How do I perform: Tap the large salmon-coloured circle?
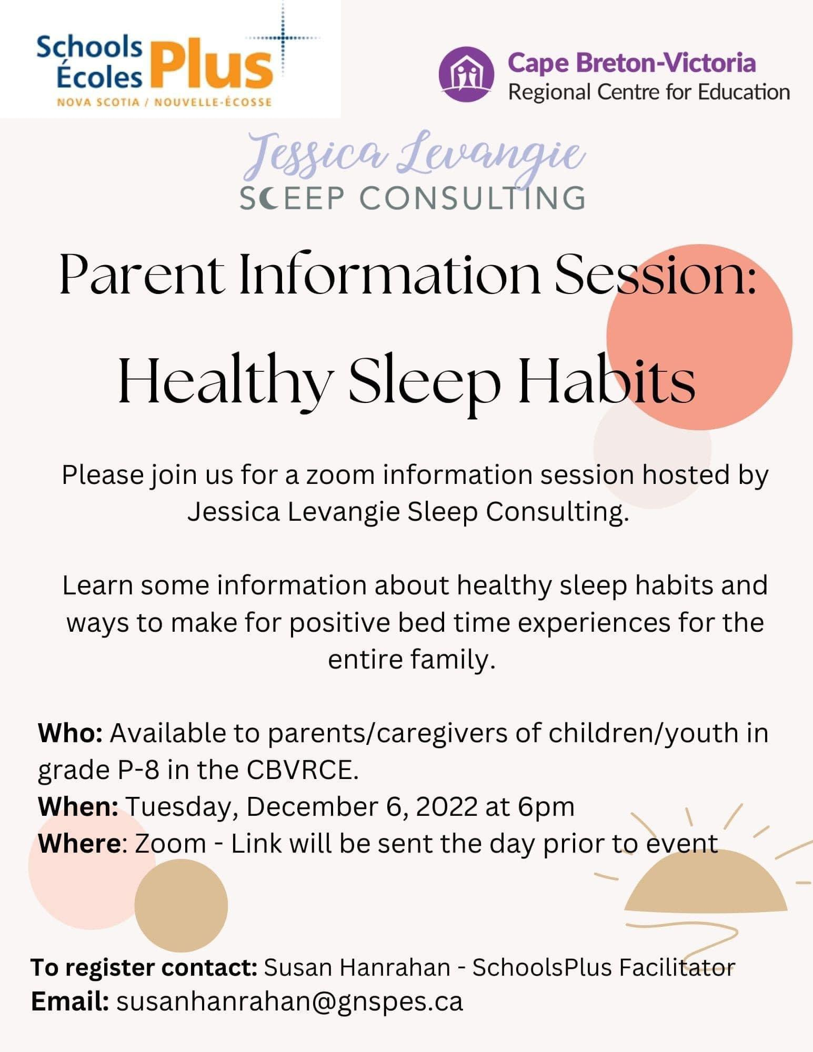pyautogui.click(x=699, y=337)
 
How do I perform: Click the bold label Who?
pyautogui.click(x=70, y=733)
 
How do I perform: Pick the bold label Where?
pyautogui.click(x=79, y=843)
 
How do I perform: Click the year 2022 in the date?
pyautogui.click(x=446, y=806)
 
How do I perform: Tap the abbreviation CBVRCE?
pyautogui.click(x=303, y=770)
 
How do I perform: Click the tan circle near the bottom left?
pyautogui.click(x=181, y=905)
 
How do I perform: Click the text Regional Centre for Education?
pyautogui.click(x=649, y=93)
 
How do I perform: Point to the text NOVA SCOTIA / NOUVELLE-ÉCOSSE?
pyautogui.click(x=164, y=102)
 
